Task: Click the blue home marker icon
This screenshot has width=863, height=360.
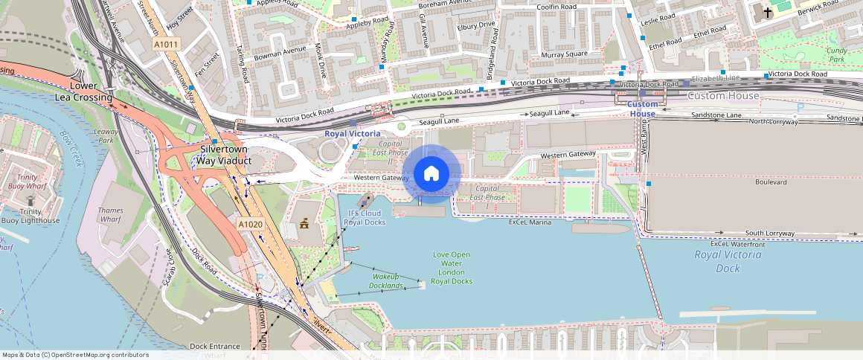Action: pyautogui.click(x=431, y=174)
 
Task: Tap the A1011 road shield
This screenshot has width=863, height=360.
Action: pyautogui.click(x=166, y=45)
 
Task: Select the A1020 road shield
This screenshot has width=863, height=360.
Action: pyautogui.click(x=249, y=224)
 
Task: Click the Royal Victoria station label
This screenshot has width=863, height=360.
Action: pyautogui.click(x=352, y=134)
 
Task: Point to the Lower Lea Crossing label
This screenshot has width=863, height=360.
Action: pyautogui.click(x=83, y=91)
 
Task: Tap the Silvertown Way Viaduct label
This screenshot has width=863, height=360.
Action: pyautogui.click(x=225, y=155)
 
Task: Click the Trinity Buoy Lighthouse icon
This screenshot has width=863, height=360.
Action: pyautogui.click(x=31, y=201)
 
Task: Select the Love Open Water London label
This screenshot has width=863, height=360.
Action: pyautogui.click(x=452, y=268)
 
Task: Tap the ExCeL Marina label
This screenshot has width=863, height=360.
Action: pyautogui.click(x=530, y=222)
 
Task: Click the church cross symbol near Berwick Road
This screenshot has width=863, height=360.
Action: pyautogui.click(x=768, y=13)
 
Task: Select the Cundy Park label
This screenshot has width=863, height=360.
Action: pyautogui.click(x=838, y=54)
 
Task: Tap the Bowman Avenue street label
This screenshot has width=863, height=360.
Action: pyautogui.click(x=280, y=51)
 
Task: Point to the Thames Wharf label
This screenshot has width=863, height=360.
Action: pyautogui.click(x=111, y=215)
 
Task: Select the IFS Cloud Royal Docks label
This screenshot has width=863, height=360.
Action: pyautogui.click(x=366, y=218)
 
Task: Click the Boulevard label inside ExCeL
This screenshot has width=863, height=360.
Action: pyautogui.click(x=771, y=182)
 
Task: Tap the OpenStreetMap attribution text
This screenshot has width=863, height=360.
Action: pyautogui.click(x=74, y=355)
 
